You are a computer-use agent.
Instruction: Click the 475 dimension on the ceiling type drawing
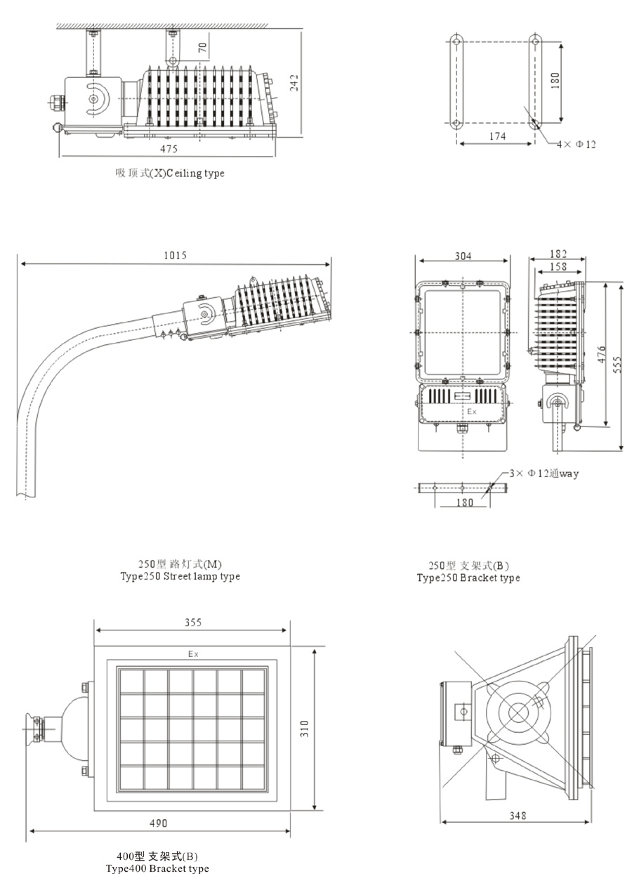169,149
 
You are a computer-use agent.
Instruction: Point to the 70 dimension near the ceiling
202,48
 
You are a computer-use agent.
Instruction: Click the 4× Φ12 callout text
576,144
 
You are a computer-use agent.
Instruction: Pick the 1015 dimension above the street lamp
174,256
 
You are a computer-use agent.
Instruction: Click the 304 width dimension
463,256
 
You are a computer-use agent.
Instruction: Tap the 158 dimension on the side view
558,266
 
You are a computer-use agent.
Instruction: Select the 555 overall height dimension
617,366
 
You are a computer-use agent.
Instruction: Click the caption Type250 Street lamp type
180,576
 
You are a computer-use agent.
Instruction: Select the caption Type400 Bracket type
157,868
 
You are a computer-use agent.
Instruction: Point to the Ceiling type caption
171,173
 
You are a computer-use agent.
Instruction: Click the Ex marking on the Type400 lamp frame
193,654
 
